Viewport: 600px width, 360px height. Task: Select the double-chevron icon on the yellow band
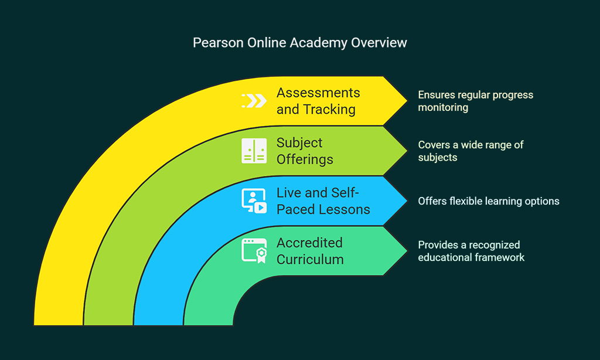254,101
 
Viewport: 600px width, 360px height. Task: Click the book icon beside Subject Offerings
254,151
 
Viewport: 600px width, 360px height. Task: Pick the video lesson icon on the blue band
254,201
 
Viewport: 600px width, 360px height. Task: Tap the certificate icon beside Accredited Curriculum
254,251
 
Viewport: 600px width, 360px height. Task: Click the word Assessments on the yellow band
318,93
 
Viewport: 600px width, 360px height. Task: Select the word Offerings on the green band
305,159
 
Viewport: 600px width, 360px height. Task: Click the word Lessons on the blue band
346,209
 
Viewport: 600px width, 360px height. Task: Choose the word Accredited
309,243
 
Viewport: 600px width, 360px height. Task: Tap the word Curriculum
311,260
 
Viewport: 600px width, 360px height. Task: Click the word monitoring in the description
443,108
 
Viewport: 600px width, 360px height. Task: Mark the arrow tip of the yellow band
407,101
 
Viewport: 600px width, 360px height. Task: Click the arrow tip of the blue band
407,201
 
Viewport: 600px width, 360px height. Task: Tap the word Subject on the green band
299,143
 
